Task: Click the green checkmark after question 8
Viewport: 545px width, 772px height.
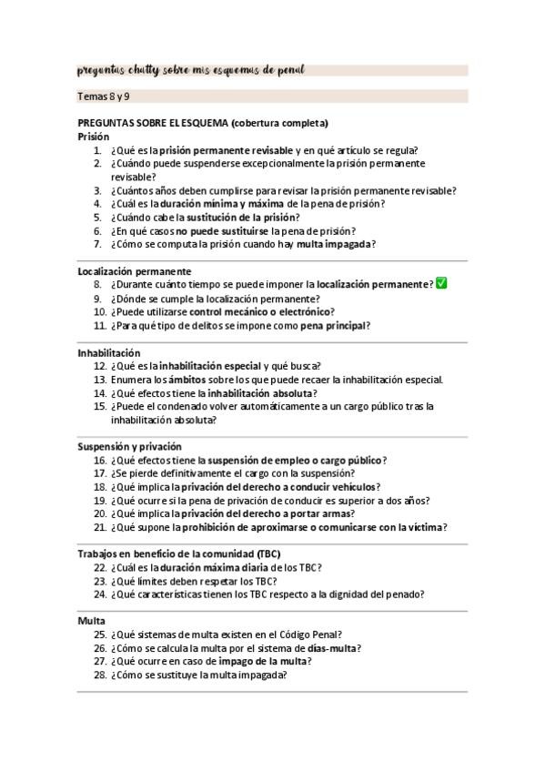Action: pyautogui.click(x=441, y=284)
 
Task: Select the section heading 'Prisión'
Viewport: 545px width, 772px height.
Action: pyautogui.click(x=94, y=137)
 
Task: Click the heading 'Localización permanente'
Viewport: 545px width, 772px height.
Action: pyautogui.click(x=135, y=271)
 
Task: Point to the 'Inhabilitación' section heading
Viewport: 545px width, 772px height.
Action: pyautogui.click(x=109, y=352)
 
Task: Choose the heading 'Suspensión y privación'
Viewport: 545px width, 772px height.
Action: pyautogui.click(x=130, y=447)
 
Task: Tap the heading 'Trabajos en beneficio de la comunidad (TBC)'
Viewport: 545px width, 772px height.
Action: pyautogui.click(x=179, y=554)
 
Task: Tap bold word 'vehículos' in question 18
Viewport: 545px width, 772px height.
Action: pyautogui.click(x=351, y=487)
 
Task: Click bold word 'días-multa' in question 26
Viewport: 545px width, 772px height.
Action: pyautogui.click(x=331, y=648)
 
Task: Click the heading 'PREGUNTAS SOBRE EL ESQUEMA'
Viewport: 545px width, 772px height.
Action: pyautogui.click(x=153, y=123)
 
